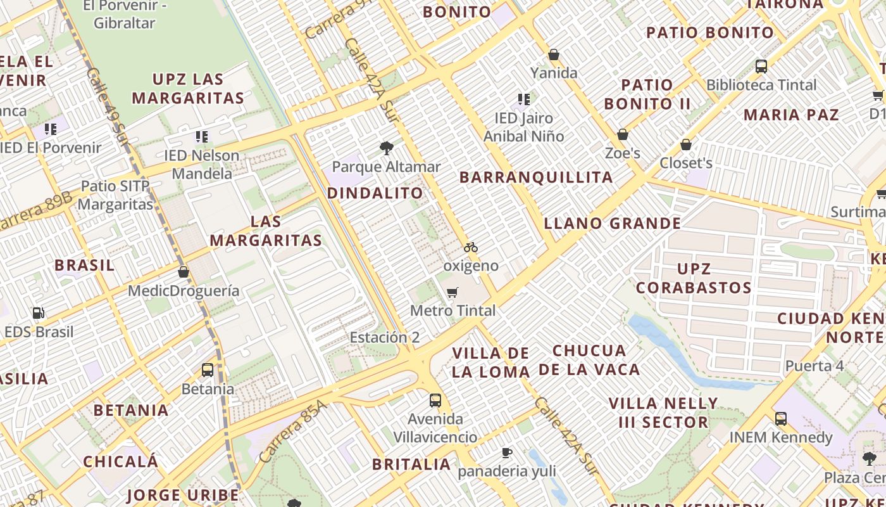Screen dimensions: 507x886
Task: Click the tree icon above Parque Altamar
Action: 386,149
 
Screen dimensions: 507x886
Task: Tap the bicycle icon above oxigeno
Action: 470,247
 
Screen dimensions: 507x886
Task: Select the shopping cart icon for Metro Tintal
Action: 452,292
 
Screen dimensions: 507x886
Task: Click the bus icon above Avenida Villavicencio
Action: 435,401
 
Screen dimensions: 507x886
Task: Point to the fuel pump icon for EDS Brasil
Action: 39,313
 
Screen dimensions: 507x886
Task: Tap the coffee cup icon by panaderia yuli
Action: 506,452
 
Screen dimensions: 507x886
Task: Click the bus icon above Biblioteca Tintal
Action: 761,66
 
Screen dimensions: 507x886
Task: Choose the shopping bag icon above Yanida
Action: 554,55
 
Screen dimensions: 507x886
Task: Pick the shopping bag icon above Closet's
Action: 685,145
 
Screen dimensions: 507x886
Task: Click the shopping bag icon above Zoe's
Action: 623,134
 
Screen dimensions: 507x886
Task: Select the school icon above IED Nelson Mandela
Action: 202,136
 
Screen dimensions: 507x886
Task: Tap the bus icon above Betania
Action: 208,370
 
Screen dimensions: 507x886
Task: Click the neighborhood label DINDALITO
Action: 375,193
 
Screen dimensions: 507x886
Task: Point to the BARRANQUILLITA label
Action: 536,177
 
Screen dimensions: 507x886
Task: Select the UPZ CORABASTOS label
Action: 694,278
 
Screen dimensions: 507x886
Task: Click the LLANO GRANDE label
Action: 613,223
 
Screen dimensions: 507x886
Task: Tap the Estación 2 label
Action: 385,337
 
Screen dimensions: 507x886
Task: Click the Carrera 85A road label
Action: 294,431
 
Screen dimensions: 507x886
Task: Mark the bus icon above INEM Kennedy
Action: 781,419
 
